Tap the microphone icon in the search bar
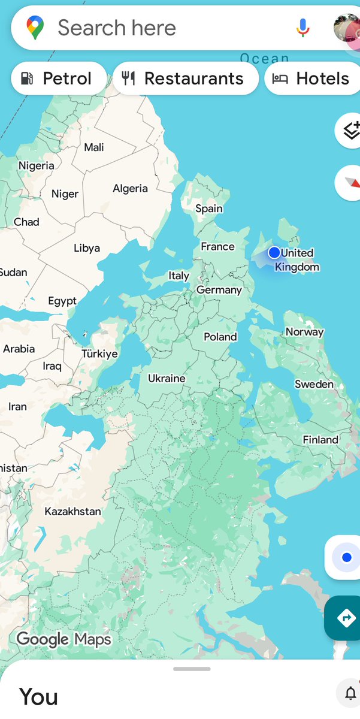[303, 28]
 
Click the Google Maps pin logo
[35, 28]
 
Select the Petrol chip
[59, 78]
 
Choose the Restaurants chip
[186, 78]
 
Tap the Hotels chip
[311, 78]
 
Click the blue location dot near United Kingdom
[274, 252]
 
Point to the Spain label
[209, 209]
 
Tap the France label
[217, 246]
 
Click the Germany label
[219, 290]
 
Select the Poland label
[220, 337]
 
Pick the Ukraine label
[167, 378]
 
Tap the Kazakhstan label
[72, 511]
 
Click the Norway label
[304, 332]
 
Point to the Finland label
[320, 440]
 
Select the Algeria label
[130, 188]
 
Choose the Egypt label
[62, 301]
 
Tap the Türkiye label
[99, 354]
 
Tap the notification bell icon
[350, 694]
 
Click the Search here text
[117, 28]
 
